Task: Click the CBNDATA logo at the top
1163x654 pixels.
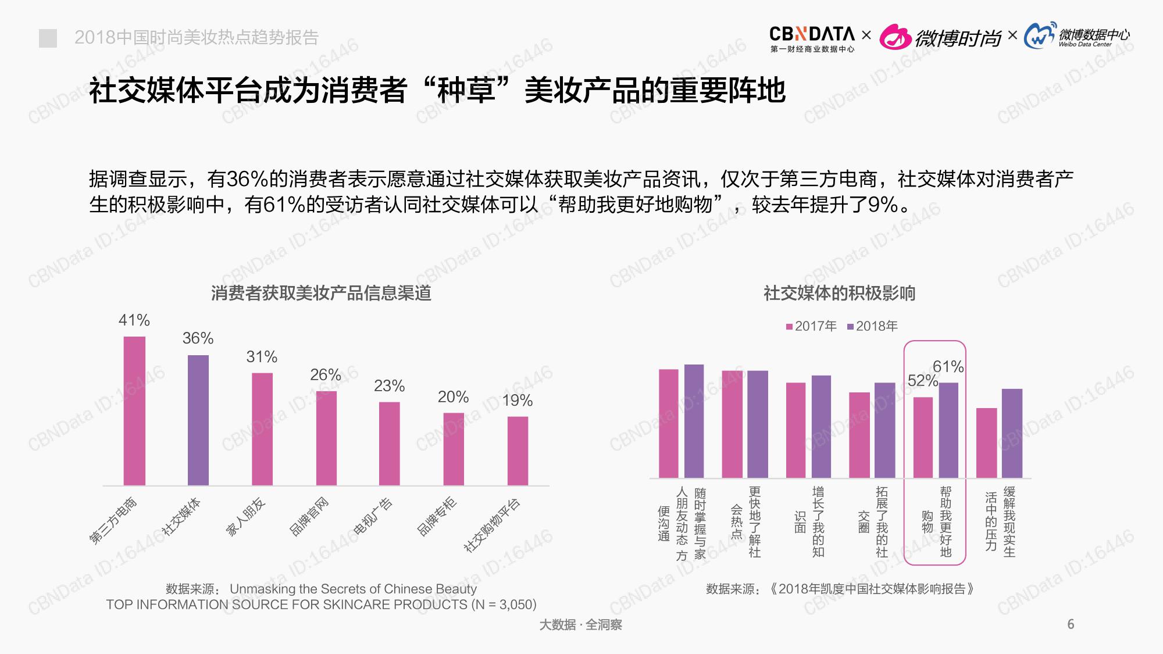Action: [812, 38]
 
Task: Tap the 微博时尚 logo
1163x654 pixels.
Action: [940, 38]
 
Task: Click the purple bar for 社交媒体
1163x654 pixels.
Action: [198, 420]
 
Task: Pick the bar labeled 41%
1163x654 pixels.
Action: [134, 410]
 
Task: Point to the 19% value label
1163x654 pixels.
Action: [517, 401]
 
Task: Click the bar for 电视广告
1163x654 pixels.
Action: [390, 443]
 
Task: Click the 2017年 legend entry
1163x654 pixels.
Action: [812, 326]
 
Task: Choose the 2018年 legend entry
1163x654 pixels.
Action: [873, 326]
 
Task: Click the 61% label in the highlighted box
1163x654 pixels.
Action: [948, 367]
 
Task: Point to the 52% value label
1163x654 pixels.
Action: [922, 381]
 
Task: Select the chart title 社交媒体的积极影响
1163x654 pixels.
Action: [839, 293]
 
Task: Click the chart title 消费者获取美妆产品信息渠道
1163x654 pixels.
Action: [321, 293]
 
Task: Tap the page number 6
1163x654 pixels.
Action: [1071, 624]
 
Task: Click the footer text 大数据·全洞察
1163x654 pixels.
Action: [580, 625]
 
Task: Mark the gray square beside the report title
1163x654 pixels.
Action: [48, 38]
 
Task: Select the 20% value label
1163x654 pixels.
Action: [453, 397]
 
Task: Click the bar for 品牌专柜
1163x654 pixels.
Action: [454, 449]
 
